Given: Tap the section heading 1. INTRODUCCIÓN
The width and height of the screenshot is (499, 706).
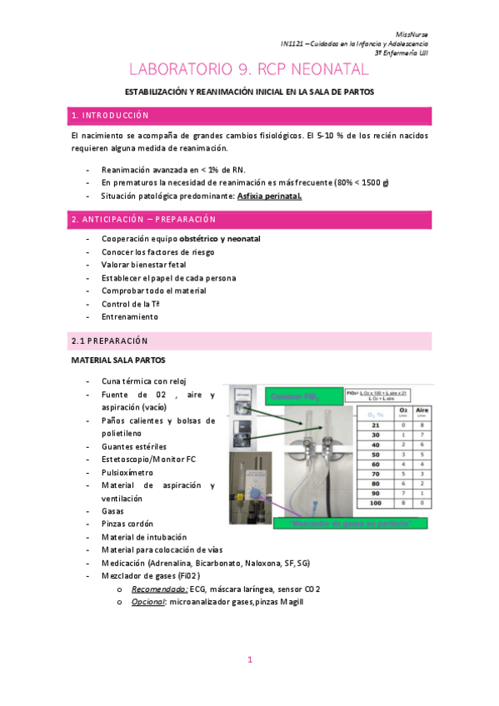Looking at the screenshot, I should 111,115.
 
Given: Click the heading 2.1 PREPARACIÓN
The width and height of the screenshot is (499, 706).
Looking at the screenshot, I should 109,341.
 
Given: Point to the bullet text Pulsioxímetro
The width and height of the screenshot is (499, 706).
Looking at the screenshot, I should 128,471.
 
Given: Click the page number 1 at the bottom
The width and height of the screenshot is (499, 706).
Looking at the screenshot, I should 249,660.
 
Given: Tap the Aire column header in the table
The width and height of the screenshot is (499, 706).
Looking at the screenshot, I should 424,410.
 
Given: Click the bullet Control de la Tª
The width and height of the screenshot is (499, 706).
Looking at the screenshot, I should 131,304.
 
